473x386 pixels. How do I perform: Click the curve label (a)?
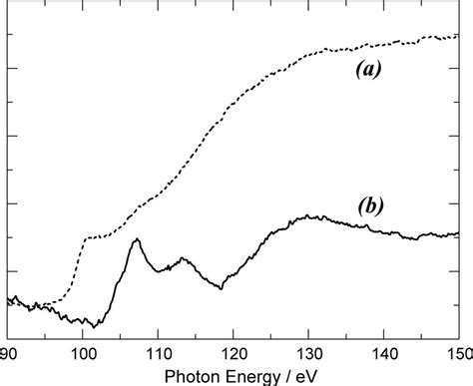click(x=368, y=70)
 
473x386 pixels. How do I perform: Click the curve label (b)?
click(x=367, y=206)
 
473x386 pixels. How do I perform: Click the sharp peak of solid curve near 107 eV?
click(x=136, y=239)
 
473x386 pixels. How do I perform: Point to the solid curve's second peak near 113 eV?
click(x=183, y=258)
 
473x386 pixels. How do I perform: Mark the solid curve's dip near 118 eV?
click(x=221, y=288)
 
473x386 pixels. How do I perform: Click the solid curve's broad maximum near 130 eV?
click(x=311, y=215)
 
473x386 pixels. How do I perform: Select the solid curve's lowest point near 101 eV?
click(x=94, y=326)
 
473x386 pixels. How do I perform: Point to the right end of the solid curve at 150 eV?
click(x=458, y=233)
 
